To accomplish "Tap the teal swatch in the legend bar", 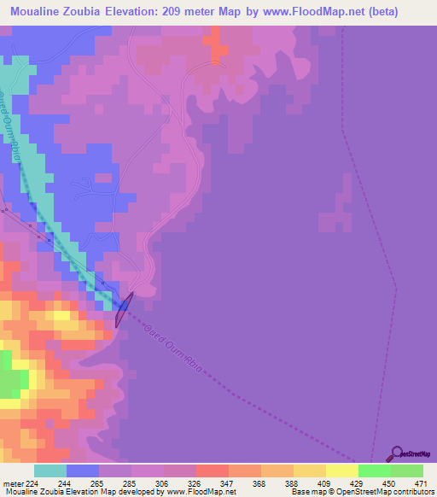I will pos(50,470).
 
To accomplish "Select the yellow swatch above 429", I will pos(341,470).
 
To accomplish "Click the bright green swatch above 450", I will pos(374,470).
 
